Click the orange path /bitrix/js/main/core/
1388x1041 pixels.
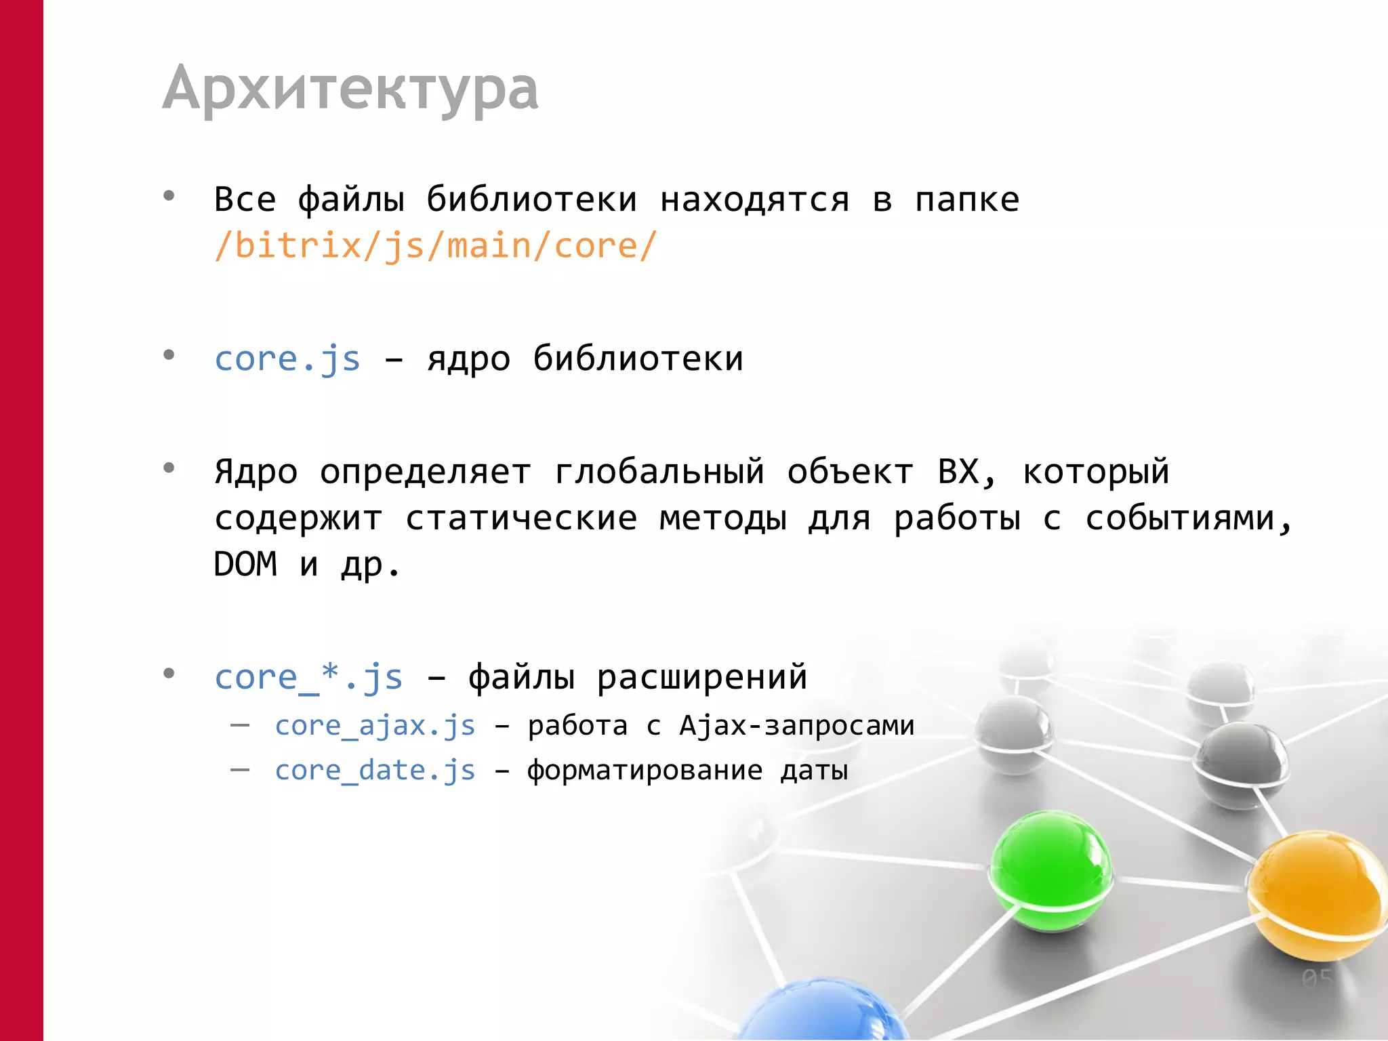(x=435, y=245)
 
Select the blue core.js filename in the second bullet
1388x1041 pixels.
(x=287, y=359)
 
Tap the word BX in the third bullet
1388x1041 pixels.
(x=958, y=472)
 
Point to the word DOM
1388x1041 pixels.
(x=245, y=564)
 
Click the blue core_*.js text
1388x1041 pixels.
(x=308, y=677)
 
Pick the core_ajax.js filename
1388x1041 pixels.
(x=375, y=726)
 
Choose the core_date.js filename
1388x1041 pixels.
(x=375, y=771)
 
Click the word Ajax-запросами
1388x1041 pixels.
(x=796, y=726)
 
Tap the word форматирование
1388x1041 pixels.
(x=645, y=771)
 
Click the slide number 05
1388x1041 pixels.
(x=1317, y=979)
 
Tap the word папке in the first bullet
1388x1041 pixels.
(x=966, y=200)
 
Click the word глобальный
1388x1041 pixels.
(x=659, y=472)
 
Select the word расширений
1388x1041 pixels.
(x=701, y=677)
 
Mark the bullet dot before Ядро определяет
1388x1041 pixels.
(x=169, y=468)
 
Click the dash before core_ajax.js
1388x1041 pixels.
(x=240, y=726)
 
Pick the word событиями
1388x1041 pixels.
(x=1189, y=518)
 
